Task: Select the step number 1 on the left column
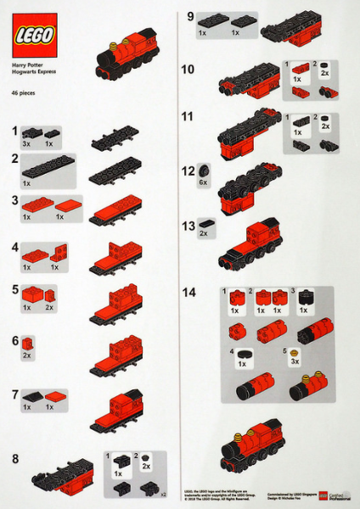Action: [14, 131]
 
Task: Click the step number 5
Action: [15, 289]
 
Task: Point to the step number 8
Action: [15, 461]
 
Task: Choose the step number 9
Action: [191, 16]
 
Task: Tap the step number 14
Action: [188, 293]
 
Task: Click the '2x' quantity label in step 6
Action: [27, 355]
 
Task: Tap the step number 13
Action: [188, 226]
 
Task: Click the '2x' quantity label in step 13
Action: [204, 233]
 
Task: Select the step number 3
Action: [15, 200]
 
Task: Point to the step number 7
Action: [15, 394]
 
